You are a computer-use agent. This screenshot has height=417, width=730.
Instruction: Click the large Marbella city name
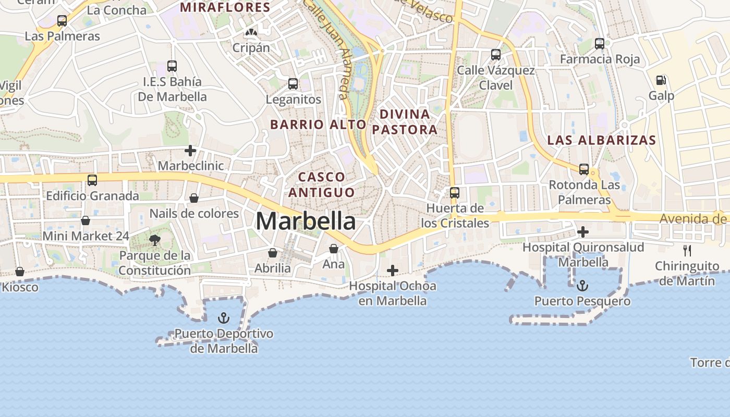[x=306, y=222]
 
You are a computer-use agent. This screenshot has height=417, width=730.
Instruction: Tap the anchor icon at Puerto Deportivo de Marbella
[x=224, y=318]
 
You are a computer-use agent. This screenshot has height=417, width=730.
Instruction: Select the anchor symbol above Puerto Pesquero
[x=582, y=286]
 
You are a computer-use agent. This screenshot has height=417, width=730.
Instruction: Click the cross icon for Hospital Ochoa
[x=393, y=271]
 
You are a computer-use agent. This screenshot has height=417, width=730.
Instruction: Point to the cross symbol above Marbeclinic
[x=190, y=151]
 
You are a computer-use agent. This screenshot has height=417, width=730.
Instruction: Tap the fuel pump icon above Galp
[x=661, y=80]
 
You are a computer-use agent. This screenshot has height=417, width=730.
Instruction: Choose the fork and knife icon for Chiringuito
[x=687, y=251]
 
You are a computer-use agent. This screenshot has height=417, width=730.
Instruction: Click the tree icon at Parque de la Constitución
[x=154, y=240]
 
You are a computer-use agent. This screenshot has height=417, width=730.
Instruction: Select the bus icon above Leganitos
[x=293, y=84]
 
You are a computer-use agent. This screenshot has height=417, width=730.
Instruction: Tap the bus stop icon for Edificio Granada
[x=92, y=180]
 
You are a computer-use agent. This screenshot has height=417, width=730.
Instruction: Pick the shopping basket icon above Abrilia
[x=273, y=253]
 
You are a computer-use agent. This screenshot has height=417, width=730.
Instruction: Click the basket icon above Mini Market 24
[x=86, y=220]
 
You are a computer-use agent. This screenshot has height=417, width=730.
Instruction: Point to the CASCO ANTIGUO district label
[x=321, y=185]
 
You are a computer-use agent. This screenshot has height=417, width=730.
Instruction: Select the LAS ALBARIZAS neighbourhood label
[x=601, y=140]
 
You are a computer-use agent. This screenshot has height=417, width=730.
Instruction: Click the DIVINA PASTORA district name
[x=405, y=122]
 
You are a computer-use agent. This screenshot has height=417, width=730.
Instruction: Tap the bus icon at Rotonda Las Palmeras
[x=584, y=169]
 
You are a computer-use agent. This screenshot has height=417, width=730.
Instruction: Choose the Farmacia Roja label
[x=600, y=59]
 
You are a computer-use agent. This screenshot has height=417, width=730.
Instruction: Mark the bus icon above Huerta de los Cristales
[x=455, y=193]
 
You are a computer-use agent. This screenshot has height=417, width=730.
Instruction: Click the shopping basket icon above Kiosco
[x=20, y=272]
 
